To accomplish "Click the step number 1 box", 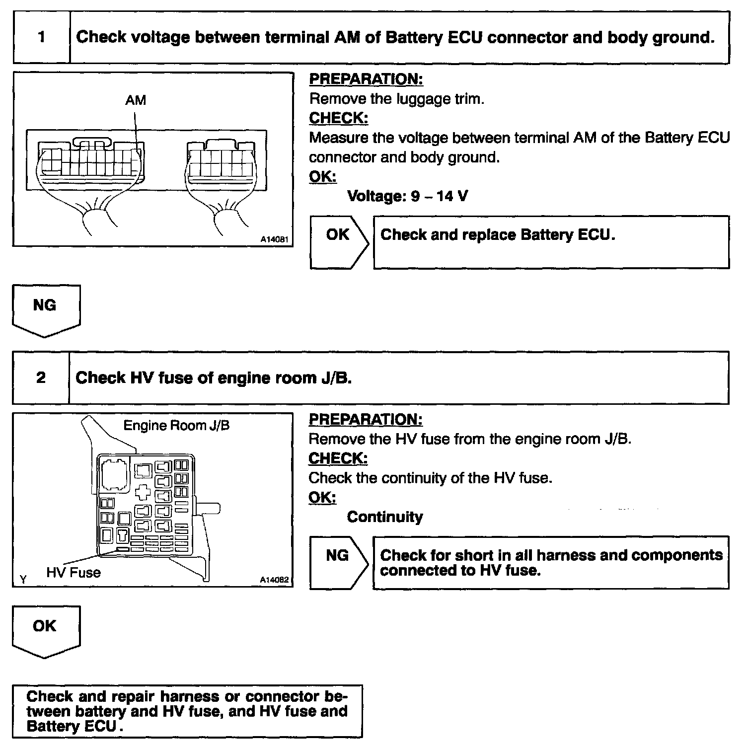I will click(42, 38).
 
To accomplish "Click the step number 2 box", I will click(41, 378).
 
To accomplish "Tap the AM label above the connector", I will click(136, 100).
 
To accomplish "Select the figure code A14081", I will click(275, 239).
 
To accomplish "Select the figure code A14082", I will click(275, 580).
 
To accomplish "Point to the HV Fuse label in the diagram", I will click(74, 573).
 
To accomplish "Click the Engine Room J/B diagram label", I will click(176, 426).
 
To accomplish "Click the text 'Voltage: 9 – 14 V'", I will click(407, 196).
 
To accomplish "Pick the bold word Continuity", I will click(385, 517).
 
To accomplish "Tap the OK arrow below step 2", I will click(46, 630).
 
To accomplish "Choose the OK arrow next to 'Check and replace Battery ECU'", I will click(339, 242).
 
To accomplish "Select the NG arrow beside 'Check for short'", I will click(339, 562).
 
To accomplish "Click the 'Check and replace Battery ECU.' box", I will click(551, 242).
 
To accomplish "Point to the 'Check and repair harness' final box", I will click(187, 711).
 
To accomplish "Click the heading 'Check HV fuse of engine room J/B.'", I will click(214, 378).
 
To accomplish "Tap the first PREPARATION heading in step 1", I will click(366, 79).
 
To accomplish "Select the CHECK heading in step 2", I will click(338, 458).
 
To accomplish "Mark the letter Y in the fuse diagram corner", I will click(23, 579).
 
